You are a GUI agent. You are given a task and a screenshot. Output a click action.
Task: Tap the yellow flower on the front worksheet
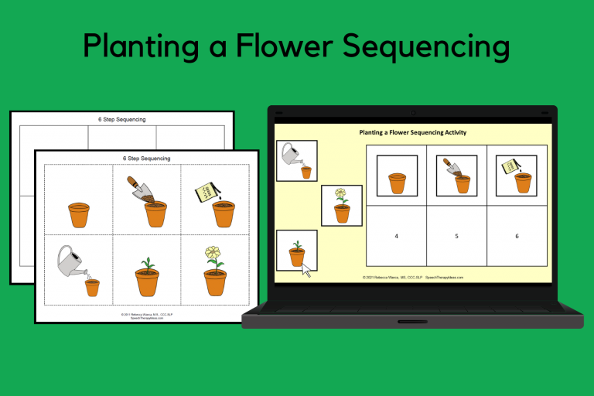point(213,253)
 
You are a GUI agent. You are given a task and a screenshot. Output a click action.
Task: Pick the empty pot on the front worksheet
point(80,214)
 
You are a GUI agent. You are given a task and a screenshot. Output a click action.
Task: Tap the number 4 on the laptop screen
point(396,236)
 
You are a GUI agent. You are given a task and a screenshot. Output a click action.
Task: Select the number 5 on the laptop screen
point(456,236)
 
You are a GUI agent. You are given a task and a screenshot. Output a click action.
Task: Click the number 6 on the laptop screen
point(517,236)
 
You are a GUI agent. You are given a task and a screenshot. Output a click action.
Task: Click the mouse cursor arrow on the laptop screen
point(306,270)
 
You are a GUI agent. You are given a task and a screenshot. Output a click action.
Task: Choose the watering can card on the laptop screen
point(296,160)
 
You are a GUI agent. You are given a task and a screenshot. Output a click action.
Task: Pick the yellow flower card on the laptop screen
point(341,205)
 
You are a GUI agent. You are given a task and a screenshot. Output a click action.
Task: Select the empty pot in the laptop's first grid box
point(396,183)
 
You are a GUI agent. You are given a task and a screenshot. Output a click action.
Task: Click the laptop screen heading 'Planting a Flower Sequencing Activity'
point(412,132)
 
